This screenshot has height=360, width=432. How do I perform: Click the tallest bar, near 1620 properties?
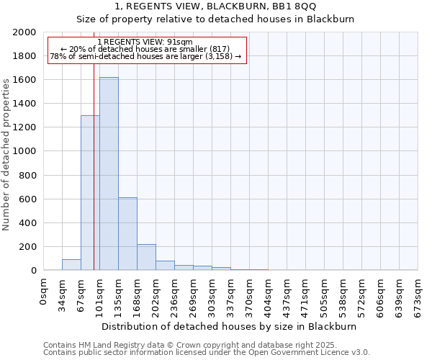[109, 174]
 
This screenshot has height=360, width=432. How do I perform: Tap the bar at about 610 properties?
[127, 234]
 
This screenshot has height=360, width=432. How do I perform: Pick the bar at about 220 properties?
[146, 257]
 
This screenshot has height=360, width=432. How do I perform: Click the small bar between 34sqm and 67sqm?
[71, 265]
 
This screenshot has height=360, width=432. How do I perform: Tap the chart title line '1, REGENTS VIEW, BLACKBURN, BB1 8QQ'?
[215, 6]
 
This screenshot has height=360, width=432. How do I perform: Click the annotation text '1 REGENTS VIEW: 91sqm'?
[145, 42]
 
